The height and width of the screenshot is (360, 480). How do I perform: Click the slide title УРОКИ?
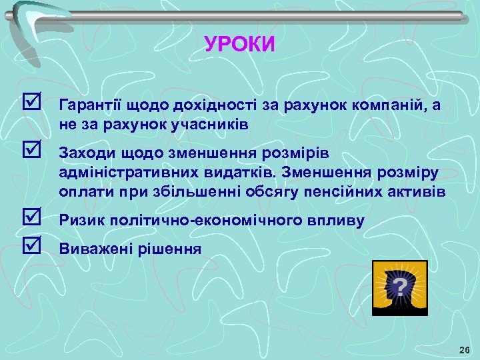coord(239,45)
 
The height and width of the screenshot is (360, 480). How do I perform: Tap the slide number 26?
coord(464,350)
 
